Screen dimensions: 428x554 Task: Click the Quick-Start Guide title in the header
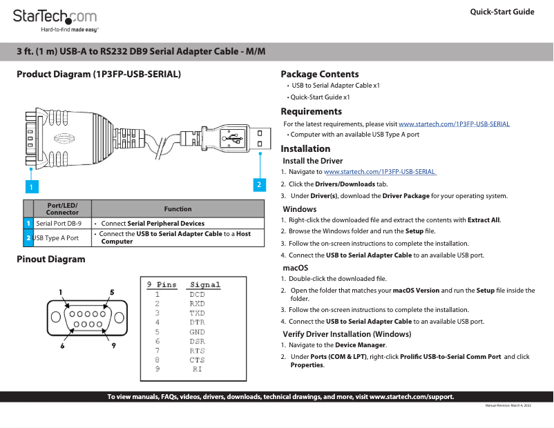(502, 12)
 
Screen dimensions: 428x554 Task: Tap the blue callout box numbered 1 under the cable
(30, 186)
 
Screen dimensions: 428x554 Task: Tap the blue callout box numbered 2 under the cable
(259, 184)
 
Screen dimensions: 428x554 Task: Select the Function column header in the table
(178, 209)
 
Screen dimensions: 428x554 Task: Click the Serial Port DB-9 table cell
(59, 224)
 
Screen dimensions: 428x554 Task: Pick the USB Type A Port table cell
(57, 238)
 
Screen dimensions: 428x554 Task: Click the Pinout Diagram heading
(51, 260)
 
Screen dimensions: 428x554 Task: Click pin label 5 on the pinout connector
(112, 292)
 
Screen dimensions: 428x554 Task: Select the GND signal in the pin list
(197, 332)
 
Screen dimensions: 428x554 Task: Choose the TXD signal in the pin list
(197, 313)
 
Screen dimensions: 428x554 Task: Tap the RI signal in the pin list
(197, 369)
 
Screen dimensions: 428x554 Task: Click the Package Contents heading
(319, 74)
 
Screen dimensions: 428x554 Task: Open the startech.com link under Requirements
(454, 124)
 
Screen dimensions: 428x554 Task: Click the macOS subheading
(295, 267)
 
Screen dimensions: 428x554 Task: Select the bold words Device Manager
(361, 344)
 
